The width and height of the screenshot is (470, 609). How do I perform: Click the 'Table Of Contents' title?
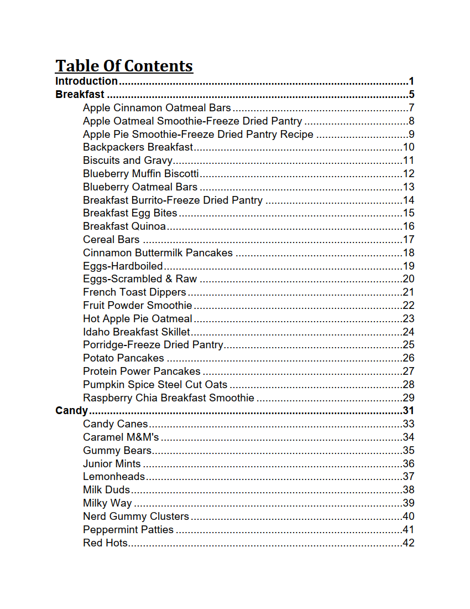(124, 66)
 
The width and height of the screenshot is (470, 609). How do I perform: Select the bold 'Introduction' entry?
(86, 81)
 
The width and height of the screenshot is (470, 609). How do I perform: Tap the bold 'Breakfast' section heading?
(80, 95)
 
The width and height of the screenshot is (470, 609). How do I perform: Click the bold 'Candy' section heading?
(71, 411)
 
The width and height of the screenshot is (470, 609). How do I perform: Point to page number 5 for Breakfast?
(411, 95)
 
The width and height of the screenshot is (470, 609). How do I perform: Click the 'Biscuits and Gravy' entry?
(128, 161)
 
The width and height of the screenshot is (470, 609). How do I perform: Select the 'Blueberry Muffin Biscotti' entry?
(140, 174)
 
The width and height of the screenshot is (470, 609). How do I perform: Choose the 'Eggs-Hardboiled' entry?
(123, 266)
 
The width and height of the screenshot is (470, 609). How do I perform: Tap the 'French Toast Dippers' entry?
(134, 292)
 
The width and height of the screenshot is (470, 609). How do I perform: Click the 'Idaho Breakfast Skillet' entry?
(136, 332)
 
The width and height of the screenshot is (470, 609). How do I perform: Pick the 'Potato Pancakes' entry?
(123, 358)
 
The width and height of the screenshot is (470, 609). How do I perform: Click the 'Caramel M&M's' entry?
(121, 437)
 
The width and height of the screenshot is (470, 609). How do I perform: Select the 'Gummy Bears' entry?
(117, 451)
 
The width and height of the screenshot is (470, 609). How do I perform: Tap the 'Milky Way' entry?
(107, 503)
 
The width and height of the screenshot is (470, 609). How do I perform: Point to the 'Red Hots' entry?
(105, 543)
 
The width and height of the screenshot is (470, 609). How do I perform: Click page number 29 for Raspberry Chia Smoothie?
(409, 398)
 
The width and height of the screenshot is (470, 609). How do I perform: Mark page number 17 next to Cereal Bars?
(409, 240)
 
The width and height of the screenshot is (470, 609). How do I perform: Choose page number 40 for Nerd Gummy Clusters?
(409, 517)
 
